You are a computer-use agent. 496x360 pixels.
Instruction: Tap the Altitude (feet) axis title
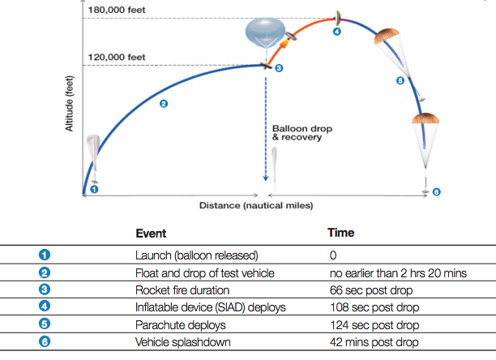(x=71, y=102)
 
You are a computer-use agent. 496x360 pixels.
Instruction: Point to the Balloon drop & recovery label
(x=302, y=133)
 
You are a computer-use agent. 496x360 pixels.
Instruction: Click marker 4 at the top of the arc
(x=337, y=32)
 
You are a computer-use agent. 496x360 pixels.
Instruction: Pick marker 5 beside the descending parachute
(x=400, y=80)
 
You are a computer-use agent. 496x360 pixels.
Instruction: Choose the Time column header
(x=340, y=234)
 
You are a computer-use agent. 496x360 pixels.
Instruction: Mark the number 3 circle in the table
(x=45, y=290)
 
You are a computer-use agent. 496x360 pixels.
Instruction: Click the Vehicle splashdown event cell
(x=182, y=342)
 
